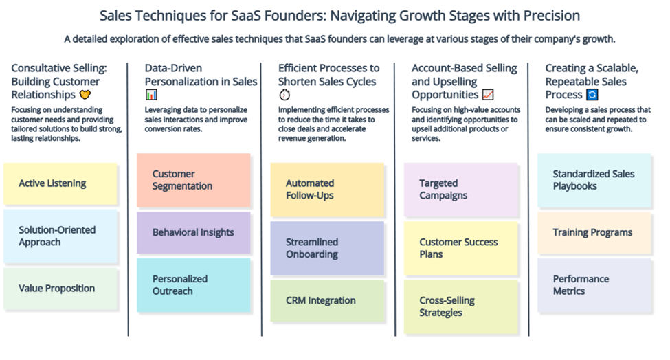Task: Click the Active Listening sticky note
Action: tap(60, 183)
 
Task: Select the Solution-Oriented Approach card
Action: tap(60, 236)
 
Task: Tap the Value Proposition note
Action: tap(60, 289)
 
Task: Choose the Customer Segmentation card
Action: tap(194, 180)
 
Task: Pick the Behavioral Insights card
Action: tap(194, 233)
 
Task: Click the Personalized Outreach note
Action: tap(194, 285)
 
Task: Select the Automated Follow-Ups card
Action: tap(327, 190)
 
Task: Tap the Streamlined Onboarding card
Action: tap(327, 248)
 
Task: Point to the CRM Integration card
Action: tap(327, 301)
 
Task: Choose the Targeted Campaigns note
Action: tap(460, 190)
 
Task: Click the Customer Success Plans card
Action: tap(460, 248)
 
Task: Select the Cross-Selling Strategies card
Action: tap(460, 306)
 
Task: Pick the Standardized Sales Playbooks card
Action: tap(594, 180)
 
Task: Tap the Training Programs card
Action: tap(594, 233)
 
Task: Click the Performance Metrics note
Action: tap(594, 285)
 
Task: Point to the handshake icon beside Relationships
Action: tap(85, 94)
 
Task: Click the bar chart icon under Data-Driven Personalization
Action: tap(151, 94)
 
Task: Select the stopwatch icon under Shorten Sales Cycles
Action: tap(284, 94)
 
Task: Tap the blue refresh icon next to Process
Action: tap(592, 94)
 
